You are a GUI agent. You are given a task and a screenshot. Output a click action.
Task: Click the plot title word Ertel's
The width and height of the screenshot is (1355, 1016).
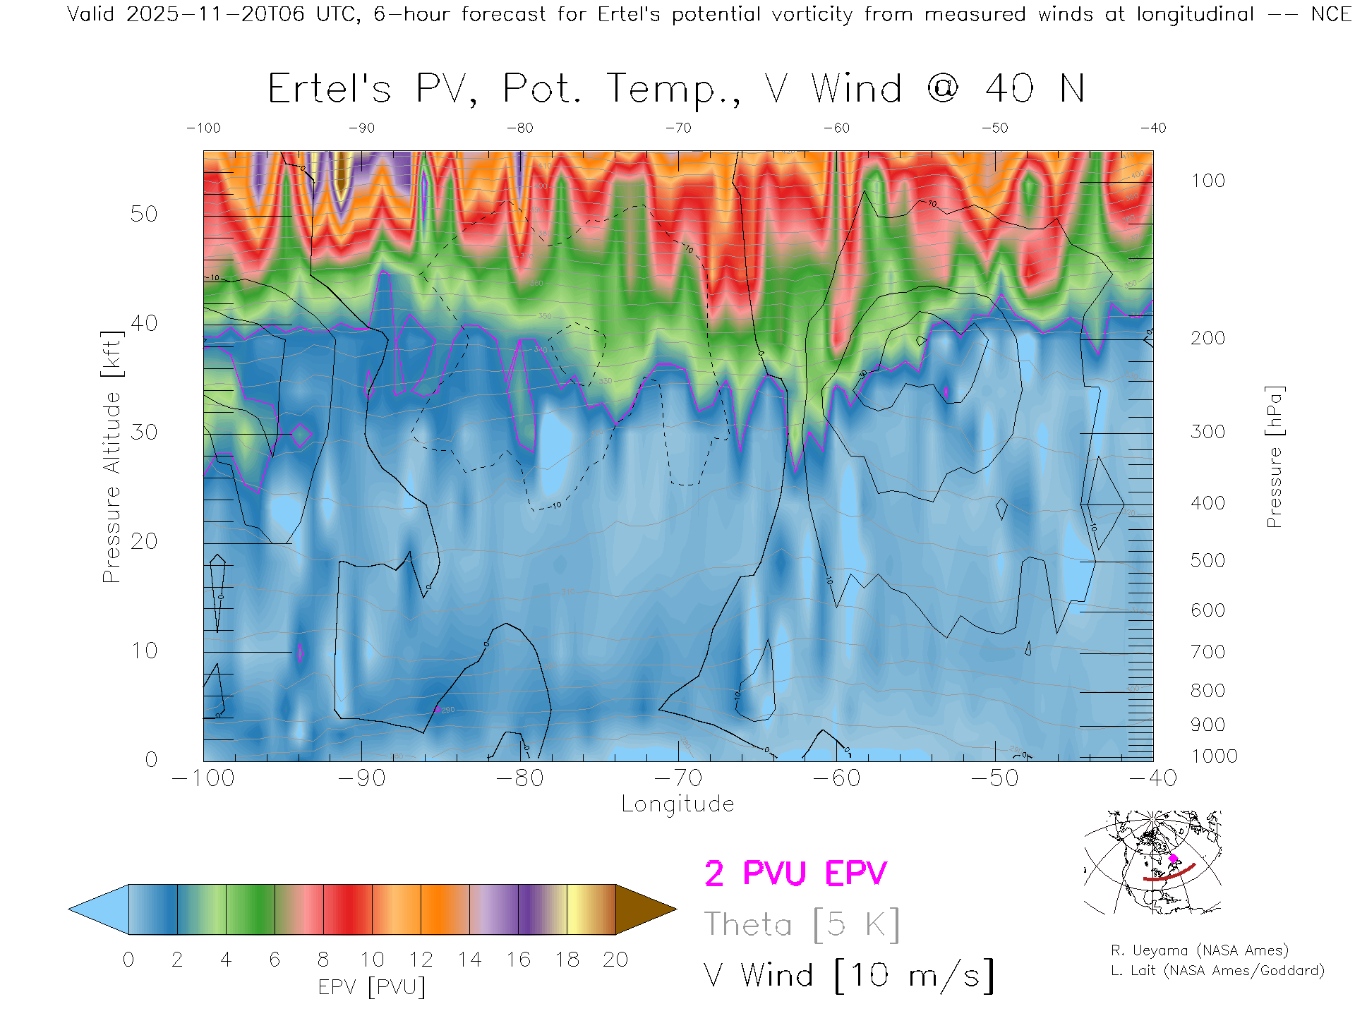pos(329,90)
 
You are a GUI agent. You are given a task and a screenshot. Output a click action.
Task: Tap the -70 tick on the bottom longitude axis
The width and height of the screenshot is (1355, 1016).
pos(678,778)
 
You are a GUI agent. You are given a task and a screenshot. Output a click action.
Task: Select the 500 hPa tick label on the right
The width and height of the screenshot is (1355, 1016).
pos(1208,560)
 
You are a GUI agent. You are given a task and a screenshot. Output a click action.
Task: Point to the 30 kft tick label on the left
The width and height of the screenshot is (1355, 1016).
pos(144,432)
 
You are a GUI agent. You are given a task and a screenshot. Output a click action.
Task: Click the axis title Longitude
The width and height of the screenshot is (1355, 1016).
pos(677,804)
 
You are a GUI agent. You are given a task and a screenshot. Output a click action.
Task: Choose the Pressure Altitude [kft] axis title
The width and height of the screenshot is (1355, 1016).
pos(112,456)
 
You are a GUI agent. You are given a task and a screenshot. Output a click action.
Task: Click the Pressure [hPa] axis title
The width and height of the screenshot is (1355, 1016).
pos(1274,456)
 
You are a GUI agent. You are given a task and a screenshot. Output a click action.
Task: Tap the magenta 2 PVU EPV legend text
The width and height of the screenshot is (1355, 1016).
pos(795,873)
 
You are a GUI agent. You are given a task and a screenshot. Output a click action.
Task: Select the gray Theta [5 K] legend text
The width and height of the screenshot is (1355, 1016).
pos(802,924)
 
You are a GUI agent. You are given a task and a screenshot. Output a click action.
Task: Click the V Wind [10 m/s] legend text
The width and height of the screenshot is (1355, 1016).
pos(849,976)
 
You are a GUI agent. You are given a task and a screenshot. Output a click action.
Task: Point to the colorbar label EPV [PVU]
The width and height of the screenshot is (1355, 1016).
pos(371,987)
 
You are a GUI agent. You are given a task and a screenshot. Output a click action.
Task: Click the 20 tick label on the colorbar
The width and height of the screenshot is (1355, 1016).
pos(615,960)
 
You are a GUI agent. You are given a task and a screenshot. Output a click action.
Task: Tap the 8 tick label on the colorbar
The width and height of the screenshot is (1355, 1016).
pos(323,960)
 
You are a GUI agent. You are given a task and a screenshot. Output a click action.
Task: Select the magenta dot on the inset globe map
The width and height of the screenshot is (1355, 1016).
pos(1174,859)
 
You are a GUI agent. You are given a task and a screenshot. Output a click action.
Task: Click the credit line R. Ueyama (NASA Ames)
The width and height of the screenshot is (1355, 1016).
pos(1200,950)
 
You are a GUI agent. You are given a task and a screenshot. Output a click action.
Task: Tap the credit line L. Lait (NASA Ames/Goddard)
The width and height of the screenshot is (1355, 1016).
pos(1217,971)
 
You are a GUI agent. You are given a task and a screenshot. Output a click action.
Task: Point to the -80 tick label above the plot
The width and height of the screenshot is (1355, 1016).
pos(520,128)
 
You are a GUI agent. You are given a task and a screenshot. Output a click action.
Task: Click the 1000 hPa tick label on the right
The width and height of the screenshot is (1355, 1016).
pos(1214,756)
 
